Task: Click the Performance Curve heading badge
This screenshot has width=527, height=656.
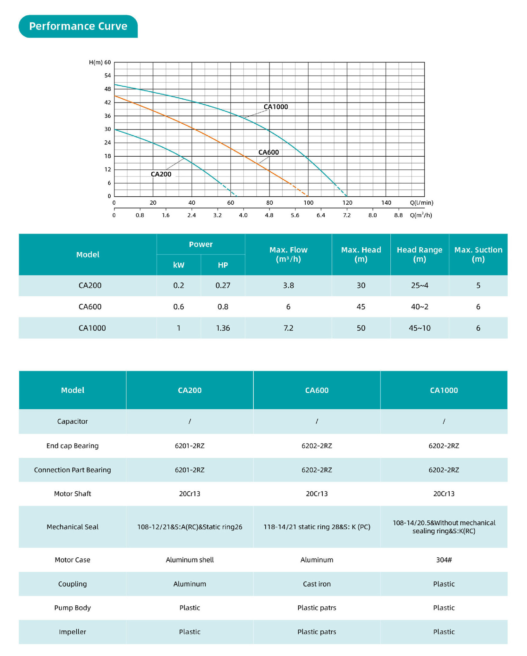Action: pyautogui.click(x=78, y=26)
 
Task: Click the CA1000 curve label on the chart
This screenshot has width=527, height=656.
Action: pyautogui.click(x=276, y=107)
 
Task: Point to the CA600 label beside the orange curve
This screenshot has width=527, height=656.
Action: pyautogui.click(x=268, y=152)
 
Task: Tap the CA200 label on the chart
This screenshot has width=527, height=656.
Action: pyautogui.click(x=161, y=174)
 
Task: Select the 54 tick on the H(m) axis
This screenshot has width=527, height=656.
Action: pyautogui.click(x=108, y=76)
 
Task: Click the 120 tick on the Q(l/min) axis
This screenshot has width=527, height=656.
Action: pyautogui.click(x=347, y=203)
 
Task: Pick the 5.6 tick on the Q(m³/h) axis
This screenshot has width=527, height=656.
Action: pyautogui.click(x=295, y=215)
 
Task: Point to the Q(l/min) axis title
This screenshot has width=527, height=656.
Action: pyautogui.click(x=421, y=203)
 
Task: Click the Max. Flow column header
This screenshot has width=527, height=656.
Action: pyautogui.click(x=288, y=254)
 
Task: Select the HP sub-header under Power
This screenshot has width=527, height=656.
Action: pyautogui.click(x=223, y=265)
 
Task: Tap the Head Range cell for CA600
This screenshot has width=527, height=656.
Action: pyautogui.click(x=419, y=307)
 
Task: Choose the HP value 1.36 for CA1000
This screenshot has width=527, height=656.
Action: pyautogui.click(x=223, y=328)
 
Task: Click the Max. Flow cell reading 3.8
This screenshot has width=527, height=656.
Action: pyautogui.click(x=288, y=285)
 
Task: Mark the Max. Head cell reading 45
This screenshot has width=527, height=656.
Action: pyautogui.click(x=361, y=307)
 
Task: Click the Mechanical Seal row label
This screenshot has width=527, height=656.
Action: pyautogui.click(x=72, y=527)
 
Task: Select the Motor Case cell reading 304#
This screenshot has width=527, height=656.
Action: pyautogui.click(x=444, y=560)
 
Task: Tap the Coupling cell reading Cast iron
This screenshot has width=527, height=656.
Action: pyautogui.click(x=317, y=584)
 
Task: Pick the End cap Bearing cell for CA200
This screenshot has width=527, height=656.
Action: pyautogui.click(x=190, y=446)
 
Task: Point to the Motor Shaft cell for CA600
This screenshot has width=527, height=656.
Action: pyautogui.click(x=317, y=494)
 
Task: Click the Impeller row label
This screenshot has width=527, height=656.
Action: pyautogui.click(x=72, y=632)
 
